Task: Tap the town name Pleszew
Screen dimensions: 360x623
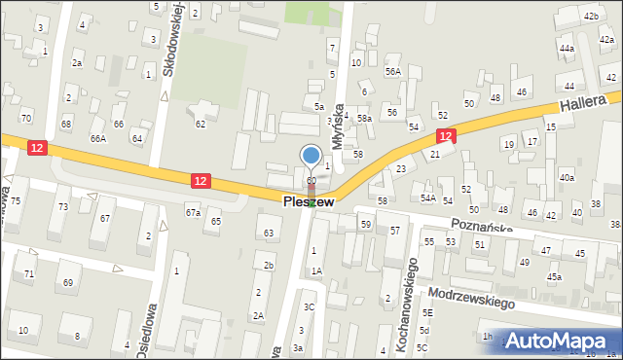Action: (x=310, y=201)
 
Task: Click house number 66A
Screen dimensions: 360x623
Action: (x=98, y=139)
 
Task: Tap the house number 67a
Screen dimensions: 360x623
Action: (x=193, y=212)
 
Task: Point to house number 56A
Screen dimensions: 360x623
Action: (x=392, y=71)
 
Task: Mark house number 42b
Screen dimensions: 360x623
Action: (x=590, y=17)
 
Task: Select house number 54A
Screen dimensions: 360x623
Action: (x=427, y=198)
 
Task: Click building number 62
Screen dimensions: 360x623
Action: (x=201, y=124)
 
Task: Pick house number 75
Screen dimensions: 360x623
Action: (x=16, y=201)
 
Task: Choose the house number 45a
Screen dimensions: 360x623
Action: (x=554, y=277)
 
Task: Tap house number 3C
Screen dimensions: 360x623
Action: (x=309, y=306)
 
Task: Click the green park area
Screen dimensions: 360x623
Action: (x=314, y=13)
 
